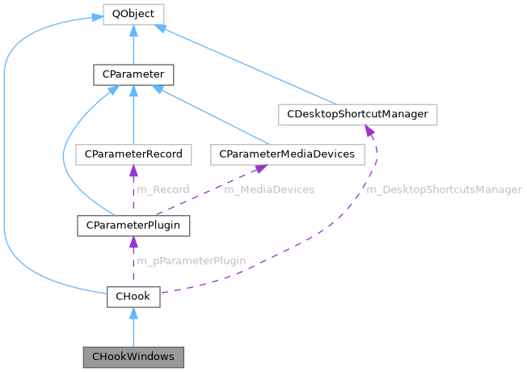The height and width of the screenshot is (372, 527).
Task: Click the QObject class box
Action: (133, 14)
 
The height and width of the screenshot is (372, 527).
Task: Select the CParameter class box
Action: (133, 75)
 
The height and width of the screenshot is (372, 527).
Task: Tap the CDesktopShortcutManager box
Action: (357, 114)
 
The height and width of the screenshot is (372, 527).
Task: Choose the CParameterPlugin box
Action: (133, 224)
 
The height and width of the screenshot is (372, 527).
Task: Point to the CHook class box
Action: (133, 296)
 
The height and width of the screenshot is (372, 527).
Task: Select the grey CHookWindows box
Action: (133, 356)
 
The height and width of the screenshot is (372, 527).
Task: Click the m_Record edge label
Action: (162, 189)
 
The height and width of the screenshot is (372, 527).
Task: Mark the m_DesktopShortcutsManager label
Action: (444, 189)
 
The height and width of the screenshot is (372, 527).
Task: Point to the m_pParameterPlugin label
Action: (191, 260)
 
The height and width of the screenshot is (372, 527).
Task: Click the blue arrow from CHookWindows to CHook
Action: (133, 328)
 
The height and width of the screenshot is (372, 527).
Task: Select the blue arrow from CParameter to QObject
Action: (133, 45)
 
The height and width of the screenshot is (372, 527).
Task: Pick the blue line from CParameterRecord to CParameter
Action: (133, 117)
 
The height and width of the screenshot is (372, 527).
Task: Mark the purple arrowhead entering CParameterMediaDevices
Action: (261, 168)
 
